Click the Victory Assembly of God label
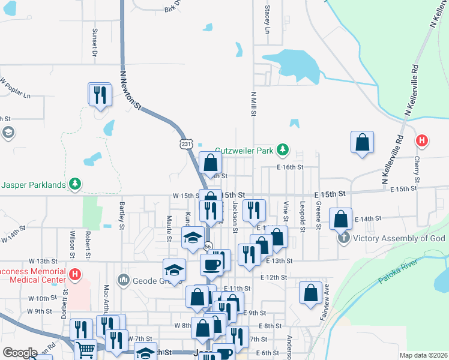(399, 238)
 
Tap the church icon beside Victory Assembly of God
(343, 238)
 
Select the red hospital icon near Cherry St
(422, 140)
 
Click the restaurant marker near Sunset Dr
(100, 94)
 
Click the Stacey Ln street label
(267, 22)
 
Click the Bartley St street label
(121, 215)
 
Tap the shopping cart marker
(86, 349)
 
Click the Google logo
(20, 352)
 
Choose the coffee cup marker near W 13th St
(211, 264)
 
